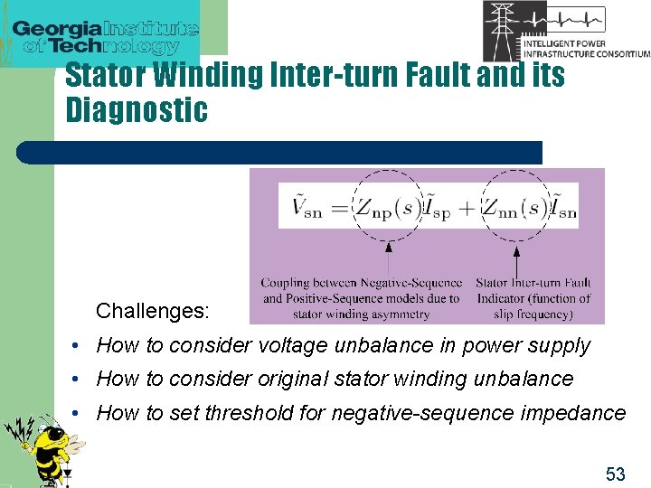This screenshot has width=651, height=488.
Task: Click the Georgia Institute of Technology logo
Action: point(105,34)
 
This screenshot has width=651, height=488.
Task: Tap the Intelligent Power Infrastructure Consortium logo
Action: point(566,31)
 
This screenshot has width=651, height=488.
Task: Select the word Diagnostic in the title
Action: point(137,109)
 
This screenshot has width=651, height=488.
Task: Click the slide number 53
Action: point(615,474)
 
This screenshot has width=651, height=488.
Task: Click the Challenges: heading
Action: point(153,312)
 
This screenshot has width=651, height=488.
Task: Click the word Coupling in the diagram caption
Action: point(286,284)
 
